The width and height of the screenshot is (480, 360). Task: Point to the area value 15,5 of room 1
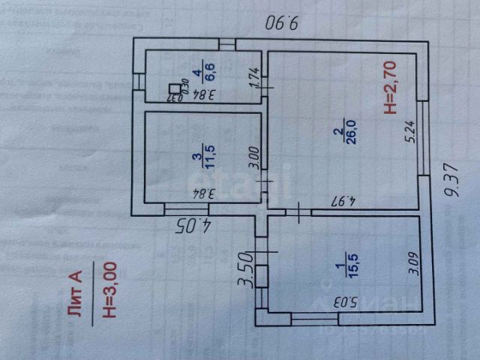point(353,266)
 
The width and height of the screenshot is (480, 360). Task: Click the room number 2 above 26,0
point(340,133)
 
